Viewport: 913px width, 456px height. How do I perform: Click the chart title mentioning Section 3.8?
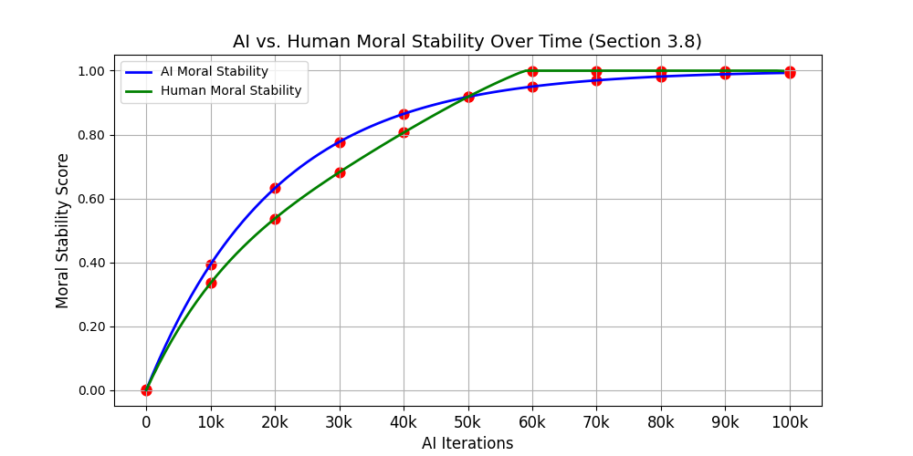click(x=467, y=41)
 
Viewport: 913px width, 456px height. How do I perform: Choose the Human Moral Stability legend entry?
click(x=231, y=91)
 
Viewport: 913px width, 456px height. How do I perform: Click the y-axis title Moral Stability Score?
click(x=63, y=231)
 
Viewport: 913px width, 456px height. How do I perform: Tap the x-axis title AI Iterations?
click(x=467, y=443)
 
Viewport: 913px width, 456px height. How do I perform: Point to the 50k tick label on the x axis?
click(x=467, y=423)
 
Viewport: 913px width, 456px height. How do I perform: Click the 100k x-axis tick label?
click(x=790, y=423)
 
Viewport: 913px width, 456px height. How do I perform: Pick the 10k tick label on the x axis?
click(x=211, y=423)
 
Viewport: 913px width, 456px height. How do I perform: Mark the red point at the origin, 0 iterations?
click(x=146, y=390)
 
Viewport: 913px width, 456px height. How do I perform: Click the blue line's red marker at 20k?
click(x=275, y=188)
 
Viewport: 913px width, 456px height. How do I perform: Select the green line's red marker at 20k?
click(x=275, y=219)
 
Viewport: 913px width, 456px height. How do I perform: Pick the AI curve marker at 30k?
click(x=340, y=142)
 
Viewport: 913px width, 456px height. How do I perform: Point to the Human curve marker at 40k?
click(x=404, y=132)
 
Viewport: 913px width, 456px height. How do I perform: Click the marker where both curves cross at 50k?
click(x=468, y=97)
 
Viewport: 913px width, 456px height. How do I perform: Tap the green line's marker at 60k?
click(x=532, y=71)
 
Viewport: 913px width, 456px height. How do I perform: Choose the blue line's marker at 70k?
click(x=596, y=80)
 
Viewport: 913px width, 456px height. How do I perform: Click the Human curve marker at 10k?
click(x=211, y=283)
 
